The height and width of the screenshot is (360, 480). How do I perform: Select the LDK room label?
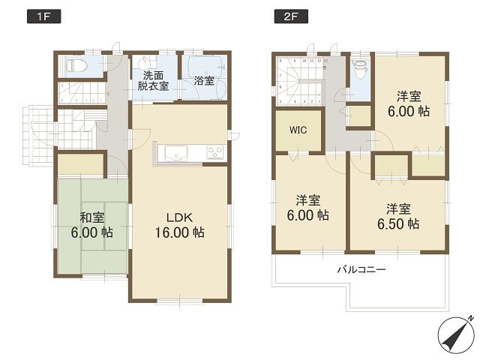point(180,217)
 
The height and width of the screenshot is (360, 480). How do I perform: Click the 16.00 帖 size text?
point(180,232)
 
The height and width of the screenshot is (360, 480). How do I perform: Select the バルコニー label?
point(361,268)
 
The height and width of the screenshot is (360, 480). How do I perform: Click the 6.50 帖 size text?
point(397,223)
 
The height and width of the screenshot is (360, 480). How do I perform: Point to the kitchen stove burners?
point(214,153)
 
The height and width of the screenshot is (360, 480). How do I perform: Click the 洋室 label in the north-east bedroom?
point(409,96)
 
